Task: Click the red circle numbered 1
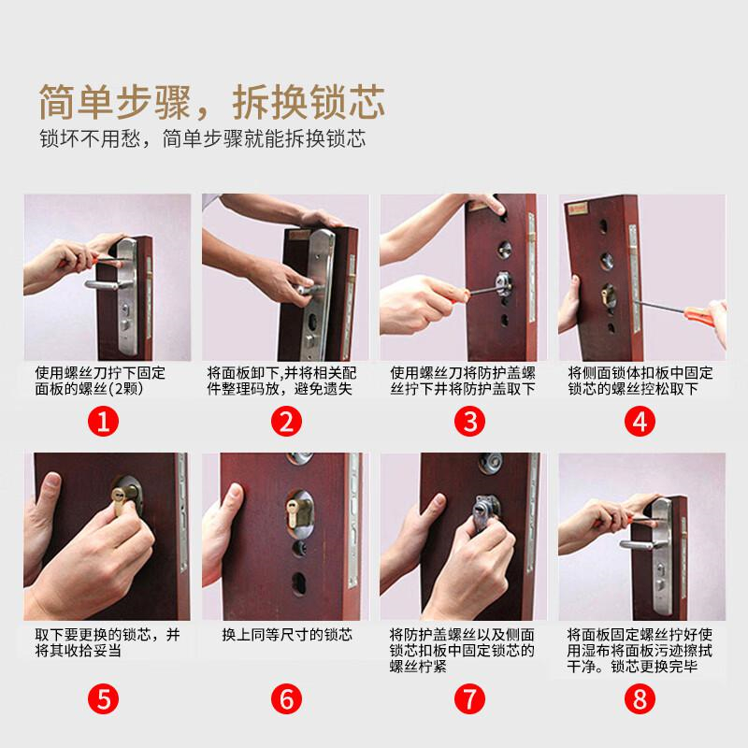point(103,422)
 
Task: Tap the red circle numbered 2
point(286,422)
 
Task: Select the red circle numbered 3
point(470,422)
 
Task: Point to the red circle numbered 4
point(640,422)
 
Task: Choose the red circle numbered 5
point(103,698)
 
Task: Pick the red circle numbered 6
point(286,698)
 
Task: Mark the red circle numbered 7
point(470,698)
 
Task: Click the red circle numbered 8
point(640,698)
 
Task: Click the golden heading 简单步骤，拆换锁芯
point(212,102)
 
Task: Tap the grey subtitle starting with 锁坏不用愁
point(202,138)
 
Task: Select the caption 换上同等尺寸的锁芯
point(287,635)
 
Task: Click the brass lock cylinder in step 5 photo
point(120,499)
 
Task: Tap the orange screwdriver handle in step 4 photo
point(699,315)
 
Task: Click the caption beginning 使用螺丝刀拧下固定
point(100,381)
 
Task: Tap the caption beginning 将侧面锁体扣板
point(640,381)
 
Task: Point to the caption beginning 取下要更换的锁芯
point(108,642)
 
